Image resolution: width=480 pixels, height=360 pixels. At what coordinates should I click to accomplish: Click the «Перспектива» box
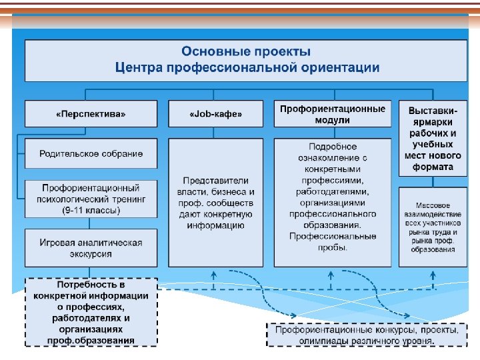coord(91,114)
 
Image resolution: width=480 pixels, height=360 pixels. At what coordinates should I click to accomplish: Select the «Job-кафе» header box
coord(215,114)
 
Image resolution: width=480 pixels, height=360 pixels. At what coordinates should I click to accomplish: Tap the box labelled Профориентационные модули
coord(332,114)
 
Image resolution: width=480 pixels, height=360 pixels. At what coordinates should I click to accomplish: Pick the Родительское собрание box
coord(91,154)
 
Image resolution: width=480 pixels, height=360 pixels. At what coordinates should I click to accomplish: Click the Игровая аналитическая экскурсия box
coord(91,248)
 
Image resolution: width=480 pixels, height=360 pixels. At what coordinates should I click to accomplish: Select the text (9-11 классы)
coord(91,211)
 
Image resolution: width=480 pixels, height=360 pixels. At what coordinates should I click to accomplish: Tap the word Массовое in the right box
coord(433,205)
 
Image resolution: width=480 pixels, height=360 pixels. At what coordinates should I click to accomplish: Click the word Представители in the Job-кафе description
coord(215,180)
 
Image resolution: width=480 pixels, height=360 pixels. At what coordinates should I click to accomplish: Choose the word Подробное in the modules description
coord(333,147)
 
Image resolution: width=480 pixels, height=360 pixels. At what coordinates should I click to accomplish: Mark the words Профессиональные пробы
coord(332,241)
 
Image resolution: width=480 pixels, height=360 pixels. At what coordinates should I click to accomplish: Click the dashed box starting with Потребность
coord(91,312)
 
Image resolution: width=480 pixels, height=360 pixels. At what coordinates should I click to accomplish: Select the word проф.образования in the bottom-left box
coord(91,340)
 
